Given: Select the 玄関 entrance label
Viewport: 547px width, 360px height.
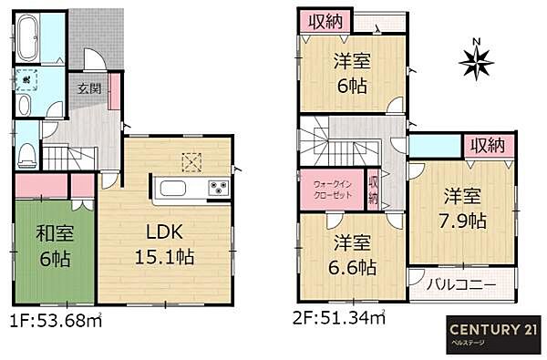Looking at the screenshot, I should click(88, 89).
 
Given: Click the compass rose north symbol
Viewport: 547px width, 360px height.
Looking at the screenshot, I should click(475, 63).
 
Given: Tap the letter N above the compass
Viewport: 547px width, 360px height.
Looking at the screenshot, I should click(475, 41).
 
